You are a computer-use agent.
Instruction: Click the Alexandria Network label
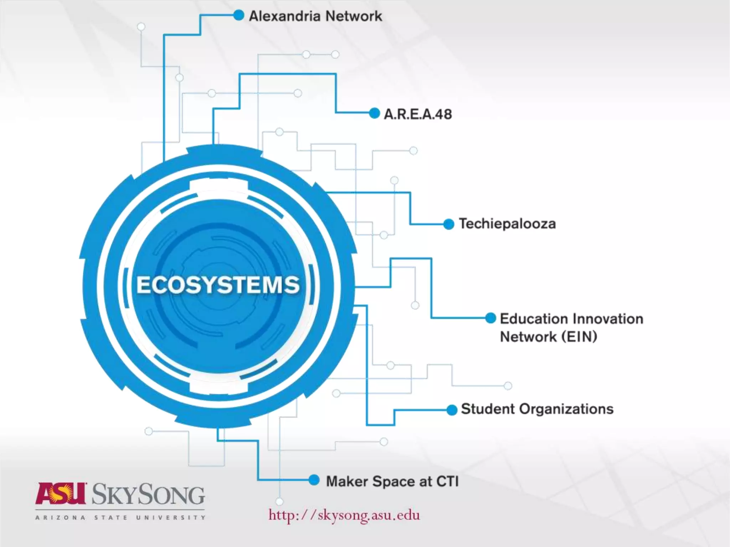pos(315,16)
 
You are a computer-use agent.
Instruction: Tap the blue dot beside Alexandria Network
pos(238,15)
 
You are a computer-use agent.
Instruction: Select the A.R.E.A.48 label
pos(418,114)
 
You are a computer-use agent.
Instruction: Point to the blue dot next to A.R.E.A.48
pos(374,113)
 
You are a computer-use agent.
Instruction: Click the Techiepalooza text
pos(507,224)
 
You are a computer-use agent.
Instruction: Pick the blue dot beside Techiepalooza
pos(449,224)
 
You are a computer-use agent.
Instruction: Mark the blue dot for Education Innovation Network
pos(491,318)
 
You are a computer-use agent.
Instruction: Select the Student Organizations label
pos(537,409)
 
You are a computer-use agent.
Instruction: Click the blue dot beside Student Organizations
pos(452,410)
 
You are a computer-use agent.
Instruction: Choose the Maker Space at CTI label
pos(392,481)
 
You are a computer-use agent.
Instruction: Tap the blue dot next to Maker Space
pos(314,480)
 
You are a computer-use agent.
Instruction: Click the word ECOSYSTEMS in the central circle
pos(218,285)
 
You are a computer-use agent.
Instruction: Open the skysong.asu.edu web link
pos(344,515)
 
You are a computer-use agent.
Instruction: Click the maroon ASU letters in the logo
pos(61,493)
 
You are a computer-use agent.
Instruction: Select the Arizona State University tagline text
pos(120,517)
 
